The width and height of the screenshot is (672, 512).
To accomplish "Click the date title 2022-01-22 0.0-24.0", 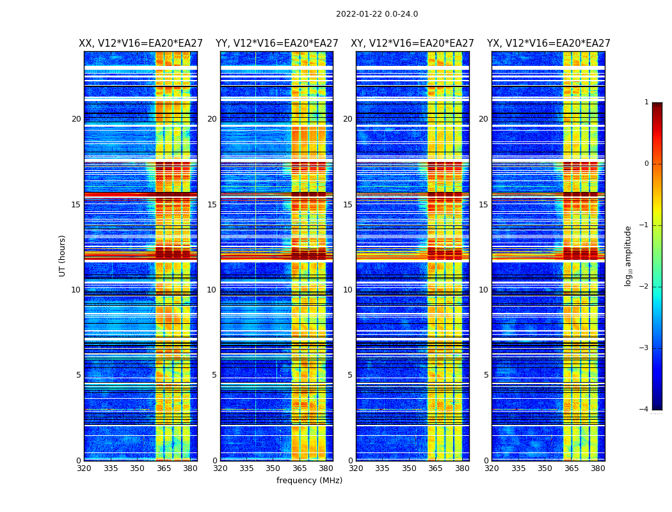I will pos(377,14).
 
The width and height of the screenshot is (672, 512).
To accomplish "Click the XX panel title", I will pos(141,44).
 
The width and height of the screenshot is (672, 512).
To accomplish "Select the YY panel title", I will pos(276,44).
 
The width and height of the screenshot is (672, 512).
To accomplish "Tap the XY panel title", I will pos(412,44).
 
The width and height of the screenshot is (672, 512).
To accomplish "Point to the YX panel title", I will pos(548,44).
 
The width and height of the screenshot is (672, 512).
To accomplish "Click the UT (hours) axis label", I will pos(62,255).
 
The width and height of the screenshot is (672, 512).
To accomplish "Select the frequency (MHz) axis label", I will pos(309,481).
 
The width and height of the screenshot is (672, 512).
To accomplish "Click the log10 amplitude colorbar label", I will pos(628,255).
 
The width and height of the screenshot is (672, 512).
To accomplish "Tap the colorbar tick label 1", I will pos(646,102).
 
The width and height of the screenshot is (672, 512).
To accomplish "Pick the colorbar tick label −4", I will pos(644,410).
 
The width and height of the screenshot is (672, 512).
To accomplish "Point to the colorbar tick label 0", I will pos(646,164).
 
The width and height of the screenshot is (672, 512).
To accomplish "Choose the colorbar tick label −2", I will pos(644,287).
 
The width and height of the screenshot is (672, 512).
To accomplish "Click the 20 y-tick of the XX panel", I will pos(76,119).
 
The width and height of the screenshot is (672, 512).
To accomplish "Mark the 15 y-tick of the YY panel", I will pos(212,205).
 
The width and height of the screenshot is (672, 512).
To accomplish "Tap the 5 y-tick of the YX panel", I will pos(486,375).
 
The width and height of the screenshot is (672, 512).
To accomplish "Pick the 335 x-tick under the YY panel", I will pos(246,468).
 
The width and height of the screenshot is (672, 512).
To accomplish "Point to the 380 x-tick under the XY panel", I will pos(462,468).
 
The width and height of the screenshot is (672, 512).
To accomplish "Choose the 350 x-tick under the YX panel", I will pos(545,468).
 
